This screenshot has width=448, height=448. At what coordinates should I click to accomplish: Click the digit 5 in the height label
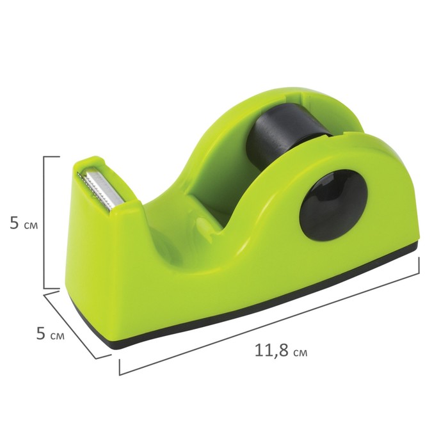point(14,224)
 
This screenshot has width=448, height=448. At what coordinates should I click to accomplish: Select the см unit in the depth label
point(59,335)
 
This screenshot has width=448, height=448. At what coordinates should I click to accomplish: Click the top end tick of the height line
point(52,155)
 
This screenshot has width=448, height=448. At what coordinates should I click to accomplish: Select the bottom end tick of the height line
point(52,289)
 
